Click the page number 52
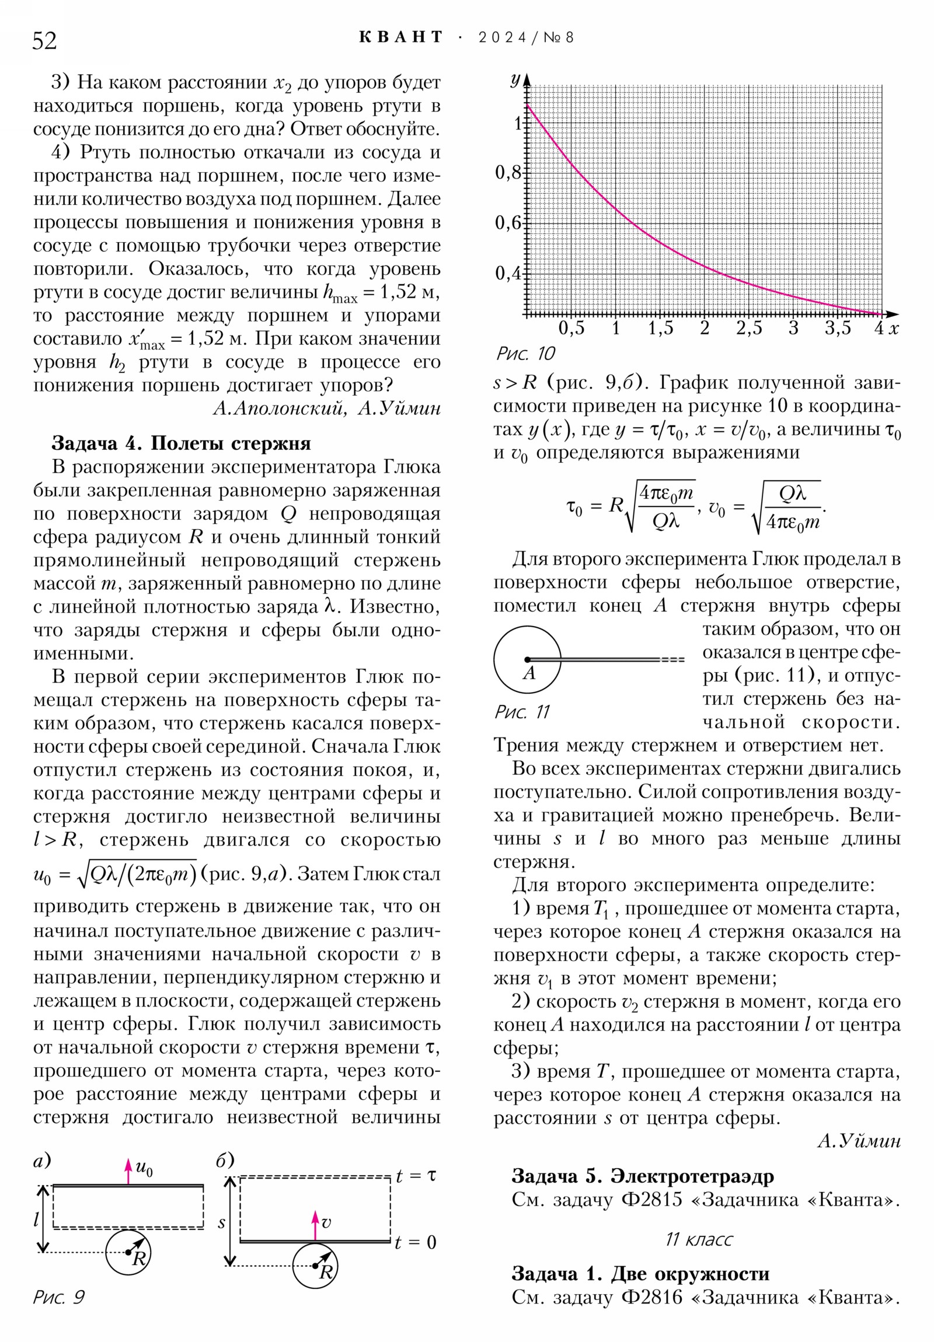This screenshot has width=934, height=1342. point(44,41)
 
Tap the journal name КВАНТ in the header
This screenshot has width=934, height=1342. point(400,37)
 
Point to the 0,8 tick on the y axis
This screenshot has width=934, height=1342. point(508,173)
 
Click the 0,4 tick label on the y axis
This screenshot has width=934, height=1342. point(508,273)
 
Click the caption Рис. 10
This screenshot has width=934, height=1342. point(525,354)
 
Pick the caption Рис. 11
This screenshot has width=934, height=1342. point(522,712)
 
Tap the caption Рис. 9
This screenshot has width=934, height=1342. point(58,1298)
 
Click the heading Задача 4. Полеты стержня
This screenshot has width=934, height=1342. point(182,443)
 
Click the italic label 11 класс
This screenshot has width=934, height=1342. point(698,1239)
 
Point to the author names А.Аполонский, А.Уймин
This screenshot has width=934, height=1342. point(326,408)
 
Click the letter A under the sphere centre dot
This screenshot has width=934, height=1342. point(529,674)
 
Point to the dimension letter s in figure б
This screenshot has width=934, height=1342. point(222,1223)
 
